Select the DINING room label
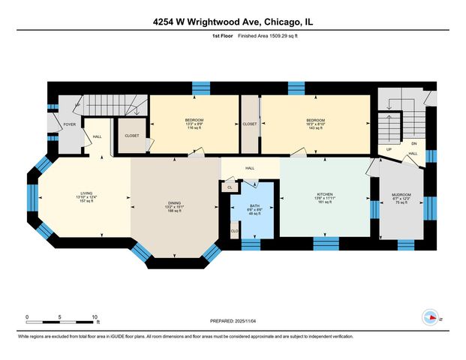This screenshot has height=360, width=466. click(174, 203)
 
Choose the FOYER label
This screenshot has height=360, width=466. click(69, 124)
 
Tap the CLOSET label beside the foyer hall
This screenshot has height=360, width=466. click(131, 136)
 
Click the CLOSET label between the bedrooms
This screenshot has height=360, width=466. click(250, 124)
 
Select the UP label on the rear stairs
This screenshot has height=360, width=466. click(389, 149)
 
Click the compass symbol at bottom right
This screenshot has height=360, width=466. click(431, 317)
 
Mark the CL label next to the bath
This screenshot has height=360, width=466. click(229, 187)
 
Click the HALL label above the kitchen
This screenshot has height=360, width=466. click(250, 168)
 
